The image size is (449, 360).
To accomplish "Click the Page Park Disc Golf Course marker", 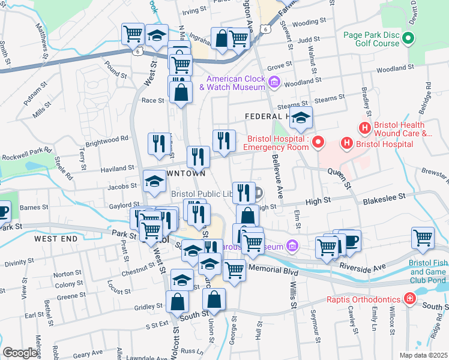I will point(408,40).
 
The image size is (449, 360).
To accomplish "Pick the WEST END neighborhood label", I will point(56,238).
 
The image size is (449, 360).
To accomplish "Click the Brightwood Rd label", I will point(107,137).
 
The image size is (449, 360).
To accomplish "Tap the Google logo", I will point(20,353).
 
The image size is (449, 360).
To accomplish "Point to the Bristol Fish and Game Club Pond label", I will point(428,271).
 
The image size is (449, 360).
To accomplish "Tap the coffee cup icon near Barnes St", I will point(3,211).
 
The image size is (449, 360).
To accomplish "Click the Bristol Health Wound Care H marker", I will point(364,128).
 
